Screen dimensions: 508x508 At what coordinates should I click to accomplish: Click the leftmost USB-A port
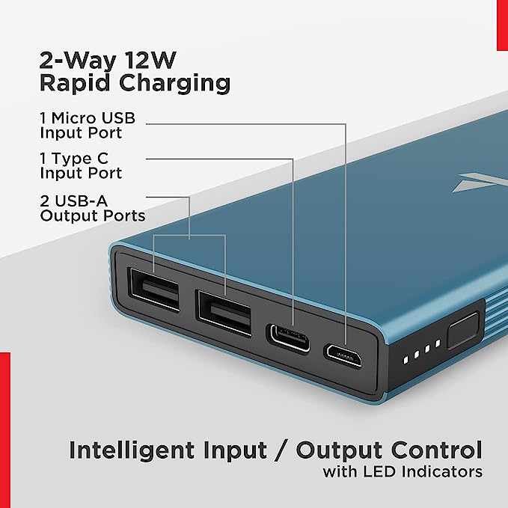pyautogui.click(x=154, y=288)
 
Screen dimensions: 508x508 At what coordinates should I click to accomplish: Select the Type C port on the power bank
pyautogui.click(x=287, y=338)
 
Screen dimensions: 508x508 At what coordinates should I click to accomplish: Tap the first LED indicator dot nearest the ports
pyautogui.click(x=405, y=358)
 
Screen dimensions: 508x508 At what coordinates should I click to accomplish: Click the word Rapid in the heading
pyautogui.click(x=79, y=82)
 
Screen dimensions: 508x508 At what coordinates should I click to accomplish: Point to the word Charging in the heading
pyautogui.click(x=177, y=82)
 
